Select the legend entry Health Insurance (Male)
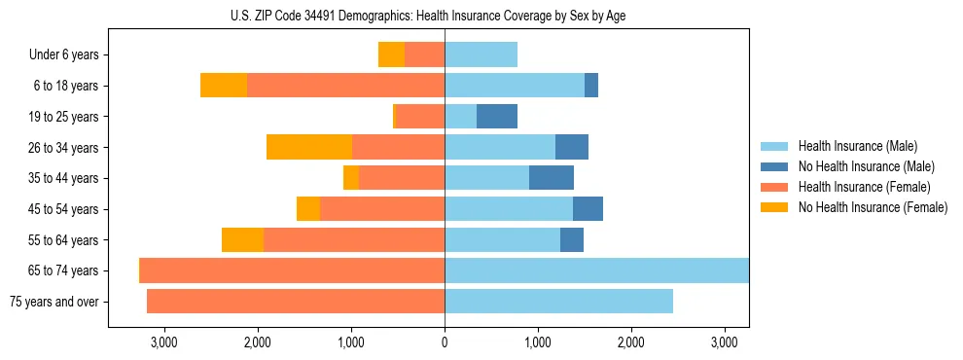857,146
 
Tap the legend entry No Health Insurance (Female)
873,207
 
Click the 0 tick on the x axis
445,343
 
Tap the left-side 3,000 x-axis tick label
163,343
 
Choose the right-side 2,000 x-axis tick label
631,343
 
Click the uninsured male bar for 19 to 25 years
497,117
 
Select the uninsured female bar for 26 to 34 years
309,147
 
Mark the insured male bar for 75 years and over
558,302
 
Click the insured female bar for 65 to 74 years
292,270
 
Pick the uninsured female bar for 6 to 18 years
224,86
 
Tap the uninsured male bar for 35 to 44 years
552,178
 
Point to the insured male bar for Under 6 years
481,55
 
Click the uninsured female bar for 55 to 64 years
242,239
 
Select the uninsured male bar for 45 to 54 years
588,209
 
